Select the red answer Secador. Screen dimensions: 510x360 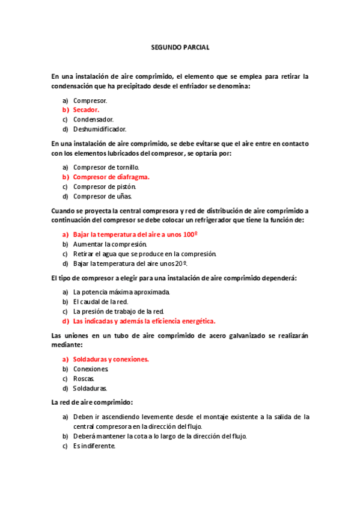coord(86,110)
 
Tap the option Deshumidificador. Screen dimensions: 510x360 coord(99,129)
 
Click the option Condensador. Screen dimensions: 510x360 coord(93,119)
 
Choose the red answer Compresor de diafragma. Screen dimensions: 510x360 coord(111,177)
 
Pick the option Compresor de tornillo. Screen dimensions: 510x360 coord(106,167)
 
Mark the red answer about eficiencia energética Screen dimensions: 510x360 coord(144,321)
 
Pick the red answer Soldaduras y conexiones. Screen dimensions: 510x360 coord(111,359)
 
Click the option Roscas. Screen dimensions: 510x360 coord(84,378)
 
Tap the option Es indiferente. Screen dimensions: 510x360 coord(94,446)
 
